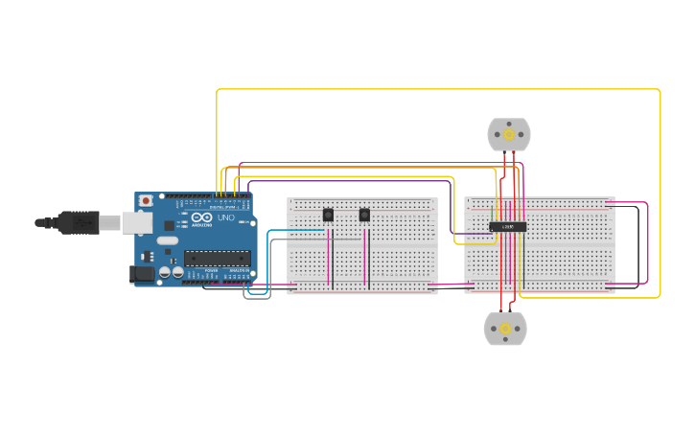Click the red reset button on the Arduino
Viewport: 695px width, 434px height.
[146, 200]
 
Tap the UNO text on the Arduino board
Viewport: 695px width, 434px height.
[226, 218]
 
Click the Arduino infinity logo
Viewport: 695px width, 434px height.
[201, 218]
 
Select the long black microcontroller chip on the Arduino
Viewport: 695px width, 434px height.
[217, 257]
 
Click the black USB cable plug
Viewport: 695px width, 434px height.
[77, 222]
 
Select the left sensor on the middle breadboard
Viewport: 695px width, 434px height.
[328, 215]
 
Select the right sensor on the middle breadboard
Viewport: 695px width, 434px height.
[364, 215]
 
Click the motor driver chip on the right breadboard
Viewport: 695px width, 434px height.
[507, 226]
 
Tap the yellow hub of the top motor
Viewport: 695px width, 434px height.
[508, 135]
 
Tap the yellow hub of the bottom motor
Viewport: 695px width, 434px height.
[505, 329]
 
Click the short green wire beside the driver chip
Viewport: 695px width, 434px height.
[493, 214]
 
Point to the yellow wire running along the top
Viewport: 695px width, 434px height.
[431, 90]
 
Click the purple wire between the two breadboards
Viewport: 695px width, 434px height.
[451, 206]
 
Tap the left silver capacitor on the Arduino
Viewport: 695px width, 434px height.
[165, 272]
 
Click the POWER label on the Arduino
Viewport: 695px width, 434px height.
[211, 271]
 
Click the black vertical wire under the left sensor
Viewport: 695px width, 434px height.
[333, 259]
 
